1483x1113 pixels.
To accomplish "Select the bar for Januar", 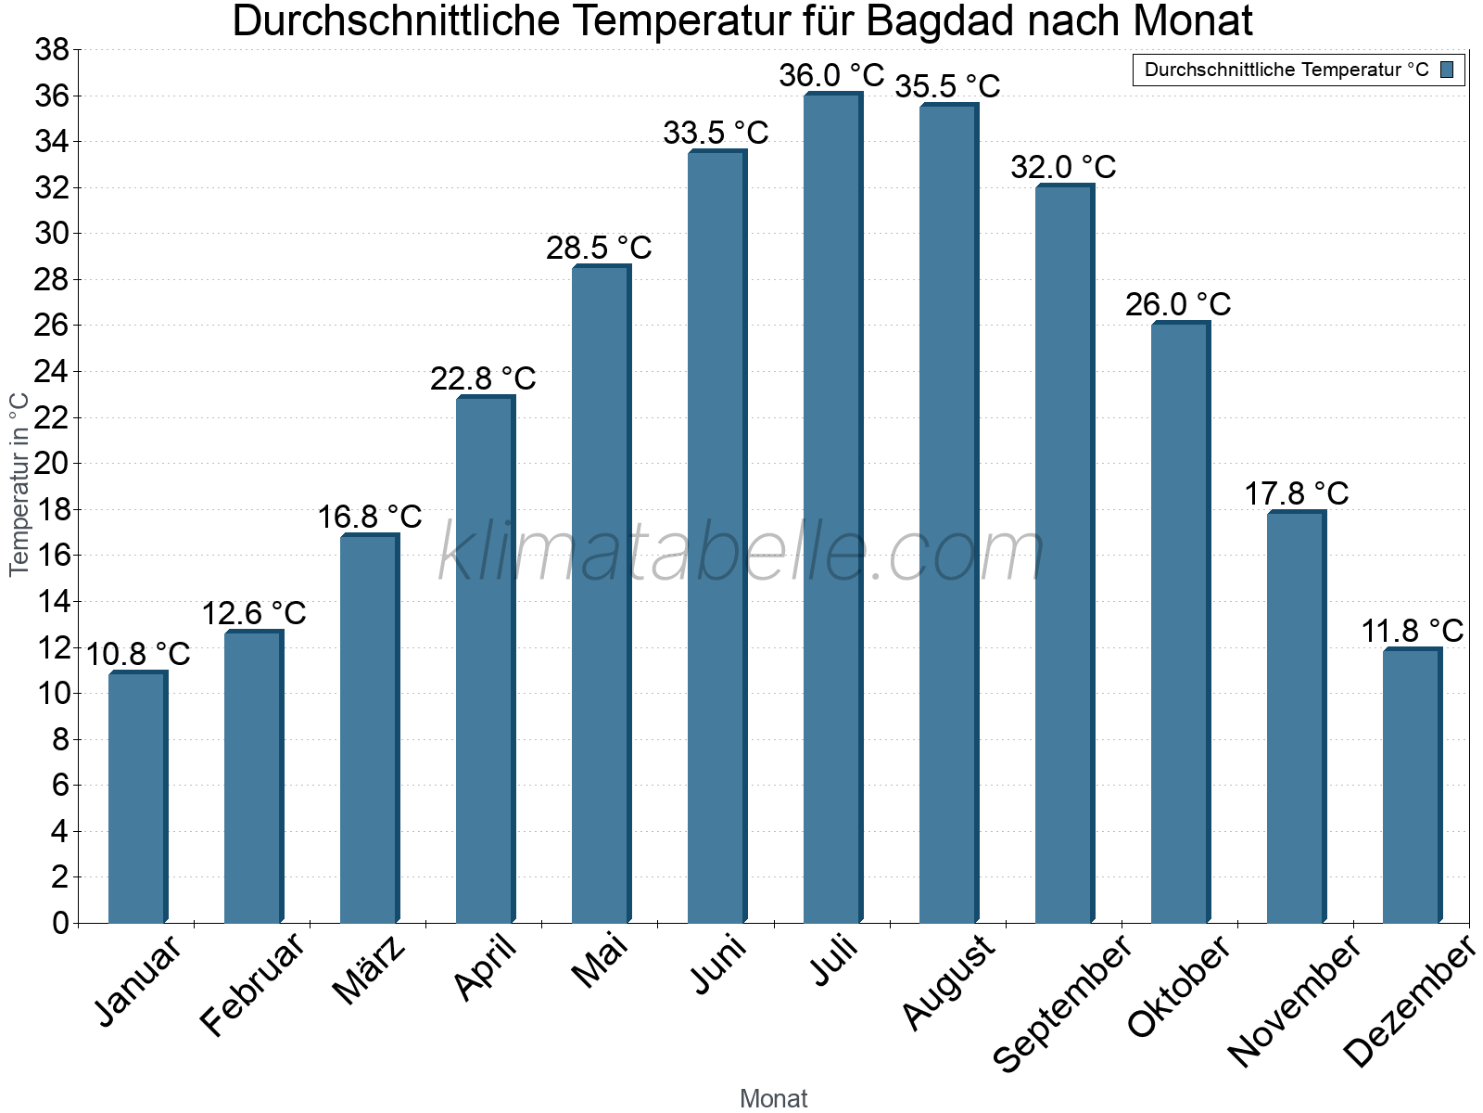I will pos(137,798).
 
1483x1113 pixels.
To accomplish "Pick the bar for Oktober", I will pos(1180,622).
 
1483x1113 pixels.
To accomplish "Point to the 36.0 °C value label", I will pos(831,76).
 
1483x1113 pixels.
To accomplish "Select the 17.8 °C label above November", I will pos(1296,494).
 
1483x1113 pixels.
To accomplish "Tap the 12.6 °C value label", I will pos(253,614).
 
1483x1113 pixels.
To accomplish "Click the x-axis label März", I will pos(369,970).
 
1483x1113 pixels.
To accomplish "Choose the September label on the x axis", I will pos(1062,1002).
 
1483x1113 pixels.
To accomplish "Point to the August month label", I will pos(947,982).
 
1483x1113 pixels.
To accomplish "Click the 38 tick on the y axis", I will pos(52,50).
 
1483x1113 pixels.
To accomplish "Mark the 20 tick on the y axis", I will pos(52,464).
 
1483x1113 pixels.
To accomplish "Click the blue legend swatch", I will pos(1447,70).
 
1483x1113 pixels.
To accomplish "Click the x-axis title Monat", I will pos(773,1099).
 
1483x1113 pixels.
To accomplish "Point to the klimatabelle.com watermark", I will pos(741,553).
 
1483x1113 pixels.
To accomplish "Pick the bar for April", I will pos(485,659).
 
